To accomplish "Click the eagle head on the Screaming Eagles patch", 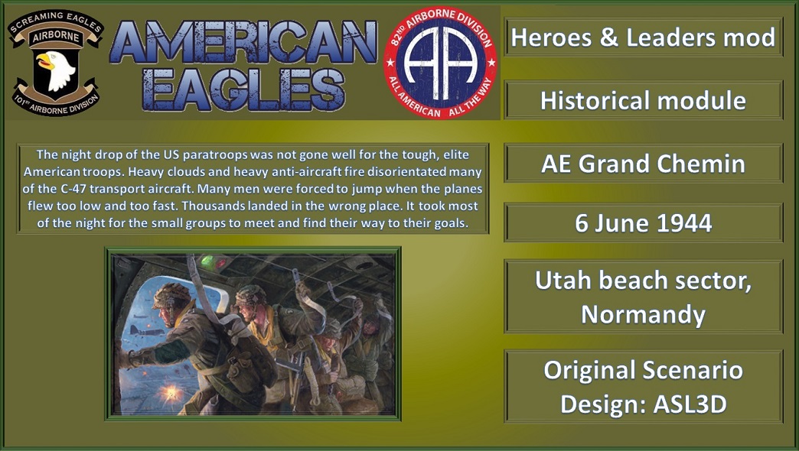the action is [55, 69].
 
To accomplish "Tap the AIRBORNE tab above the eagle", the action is [56, 37].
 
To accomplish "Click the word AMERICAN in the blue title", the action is [243, 43].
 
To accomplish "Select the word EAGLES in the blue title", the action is [243, 89].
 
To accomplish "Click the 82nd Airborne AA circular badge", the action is [440, 63].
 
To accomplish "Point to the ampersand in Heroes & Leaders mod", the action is [608, 37].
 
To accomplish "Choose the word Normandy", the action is [643, 315].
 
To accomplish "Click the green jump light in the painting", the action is [207, 261].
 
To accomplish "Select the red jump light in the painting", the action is [221, 263].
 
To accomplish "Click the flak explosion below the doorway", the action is [171, 393].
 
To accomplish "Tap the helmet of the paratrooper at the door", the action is [171, 295].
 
